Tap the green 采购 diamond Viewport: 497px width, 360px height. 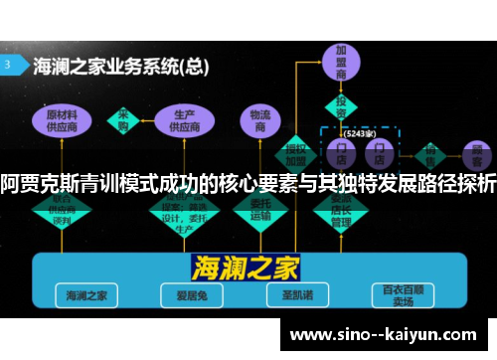pos(125,120)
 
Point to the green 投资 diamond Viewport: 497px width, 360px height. pos(341,105)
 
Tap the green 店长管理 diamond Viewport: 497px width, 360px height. pos(341,210)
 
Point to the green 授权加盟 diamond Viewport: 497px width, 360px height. pos(295,152)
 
